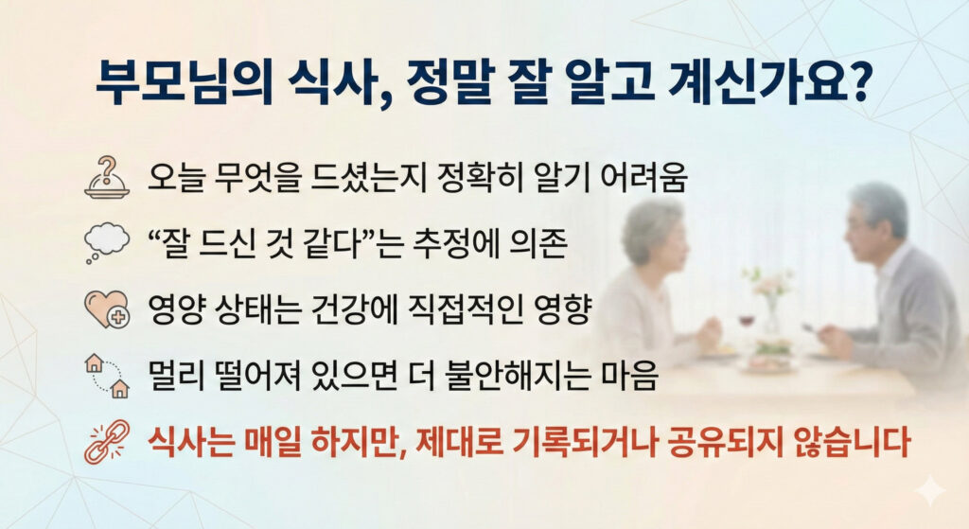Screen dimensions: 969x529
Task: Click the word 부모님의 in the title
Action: pyautogui.click(x=185, y=83)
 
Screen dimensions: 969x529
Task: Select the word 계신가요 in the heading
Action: pyautogui.click(x=755, y=82)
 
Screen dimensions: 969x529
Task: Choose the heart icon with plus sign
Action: pyautogui.click(x=107, y=309)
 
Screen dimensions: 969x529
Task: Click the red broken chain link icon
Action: pyautogui.click(x=107, y=441)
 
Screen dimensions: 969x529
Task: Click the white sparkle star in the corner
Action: pyautogui.click(x=929, y=491)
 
